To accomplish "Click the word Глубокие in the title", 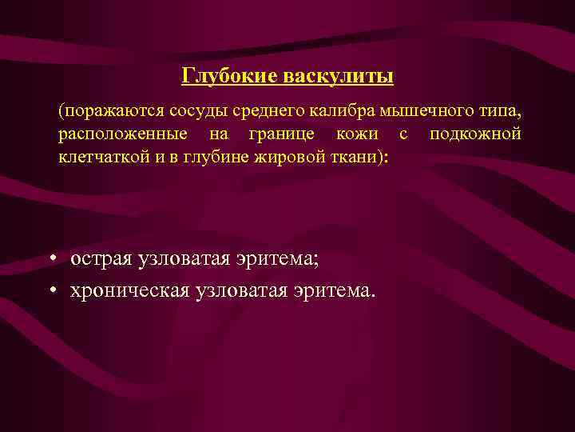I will (x=229, y=76).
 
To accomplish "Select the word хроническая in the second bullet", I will (x=128, y=289).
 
